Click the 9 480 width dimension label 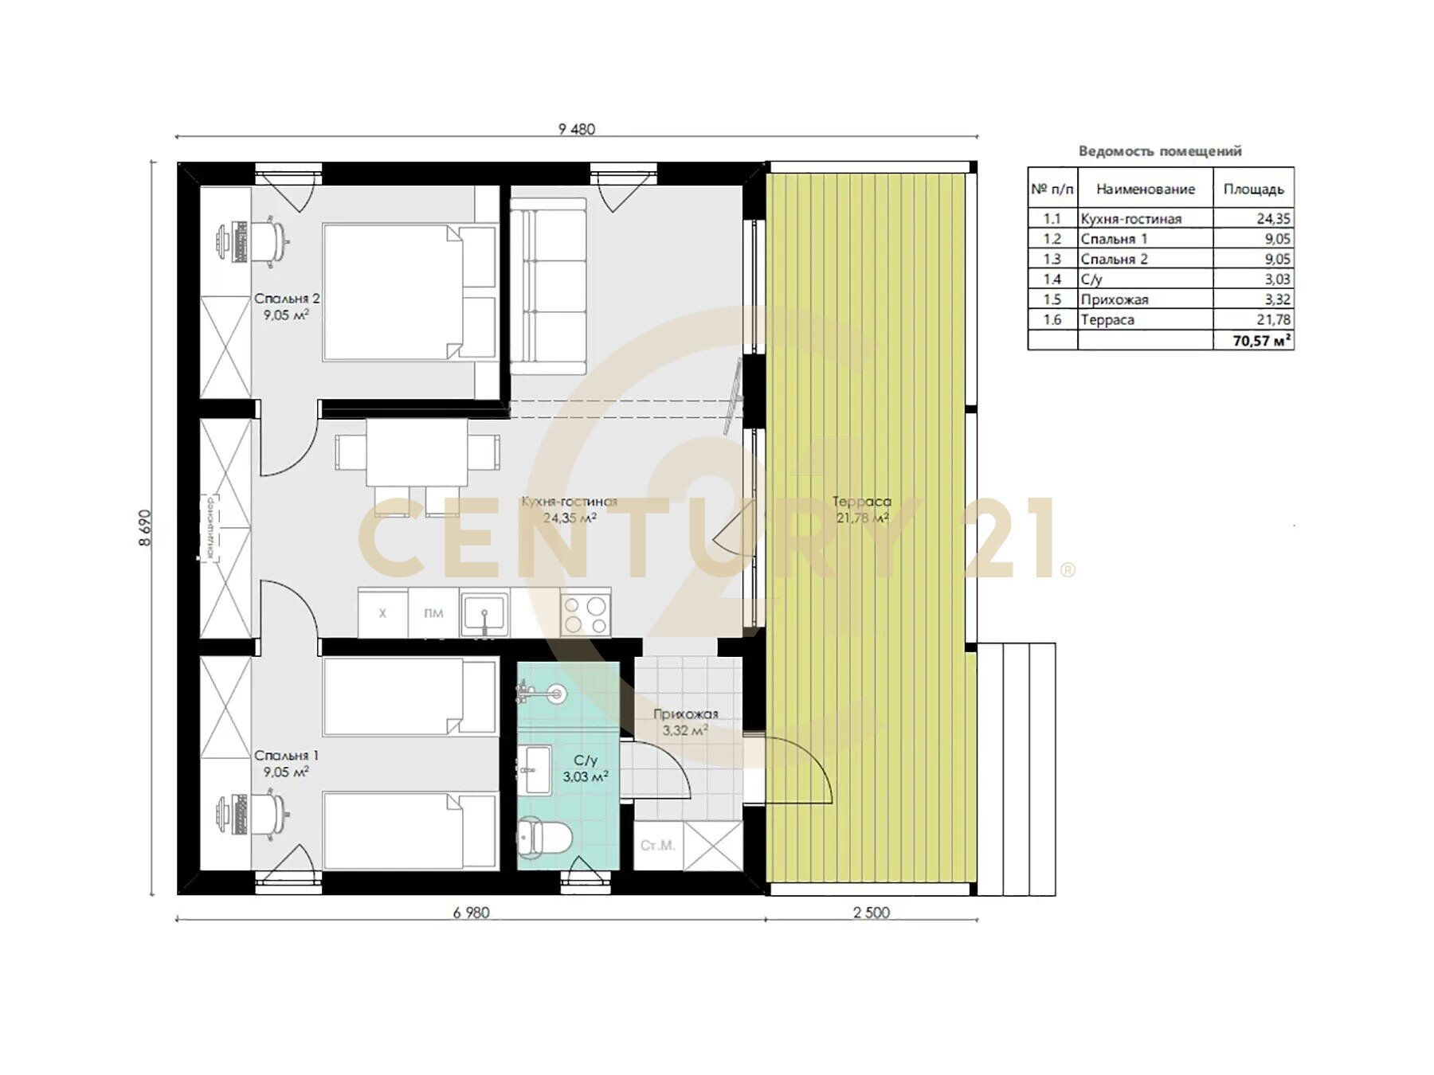click(577, 129)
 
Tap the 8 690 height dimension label click(145, 527)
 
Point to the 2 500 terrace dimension click(872, 913)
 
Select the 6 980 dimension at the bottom click(471, 913)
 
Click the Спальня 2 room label click(287, 299)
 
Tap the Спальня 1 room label click(286, 756)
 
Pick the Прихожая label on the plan click(685, 714)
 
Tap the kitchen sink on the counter click(483, 616)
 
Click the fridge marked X click(382, 613)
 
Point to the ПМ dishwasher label click(433, 613)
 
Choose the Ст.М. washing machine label click(658, 845)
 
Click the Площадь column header click(1253, 190)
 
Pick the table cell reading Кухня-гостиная click(1130, 219)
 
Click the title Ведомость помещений click(1160, 150)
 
